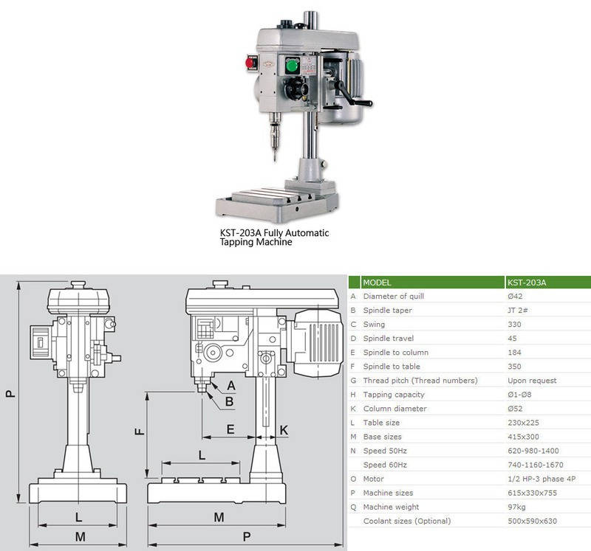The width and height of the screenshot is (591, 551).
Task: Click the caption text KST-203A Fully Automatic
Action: tap(274, 233)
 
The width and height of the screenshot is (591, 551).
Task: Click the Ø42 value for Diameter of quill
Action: tap(517, 297)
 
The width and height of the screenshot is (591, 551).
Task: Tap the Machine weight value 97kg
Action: tap(518, 507)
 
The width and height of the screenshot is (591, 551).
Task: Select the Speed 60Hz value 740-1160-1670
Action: tap(536, 465)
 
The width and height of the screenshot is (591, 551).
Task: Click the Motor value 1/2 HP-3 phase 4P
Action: tap(542, 479)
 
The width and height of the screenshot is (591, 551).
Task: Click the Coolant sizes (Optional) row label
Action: tap(406, 521)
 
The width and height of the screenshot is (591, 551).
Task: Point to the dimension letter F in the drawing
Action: tap(139, 432)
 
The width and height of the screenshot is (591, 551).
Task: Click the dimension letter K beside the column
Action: tap(284, 429)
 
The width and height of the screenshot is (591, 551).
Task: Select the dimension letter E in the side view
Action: tap(230, 429)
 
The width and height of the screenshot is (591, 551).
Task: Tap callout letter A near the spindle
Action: tap(231, 385)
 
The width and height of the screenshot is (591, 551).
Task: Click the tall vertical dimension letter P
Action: tap(10, 394)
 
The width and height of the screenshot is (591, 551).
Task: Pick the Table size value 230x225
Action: tap(523, 423)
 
